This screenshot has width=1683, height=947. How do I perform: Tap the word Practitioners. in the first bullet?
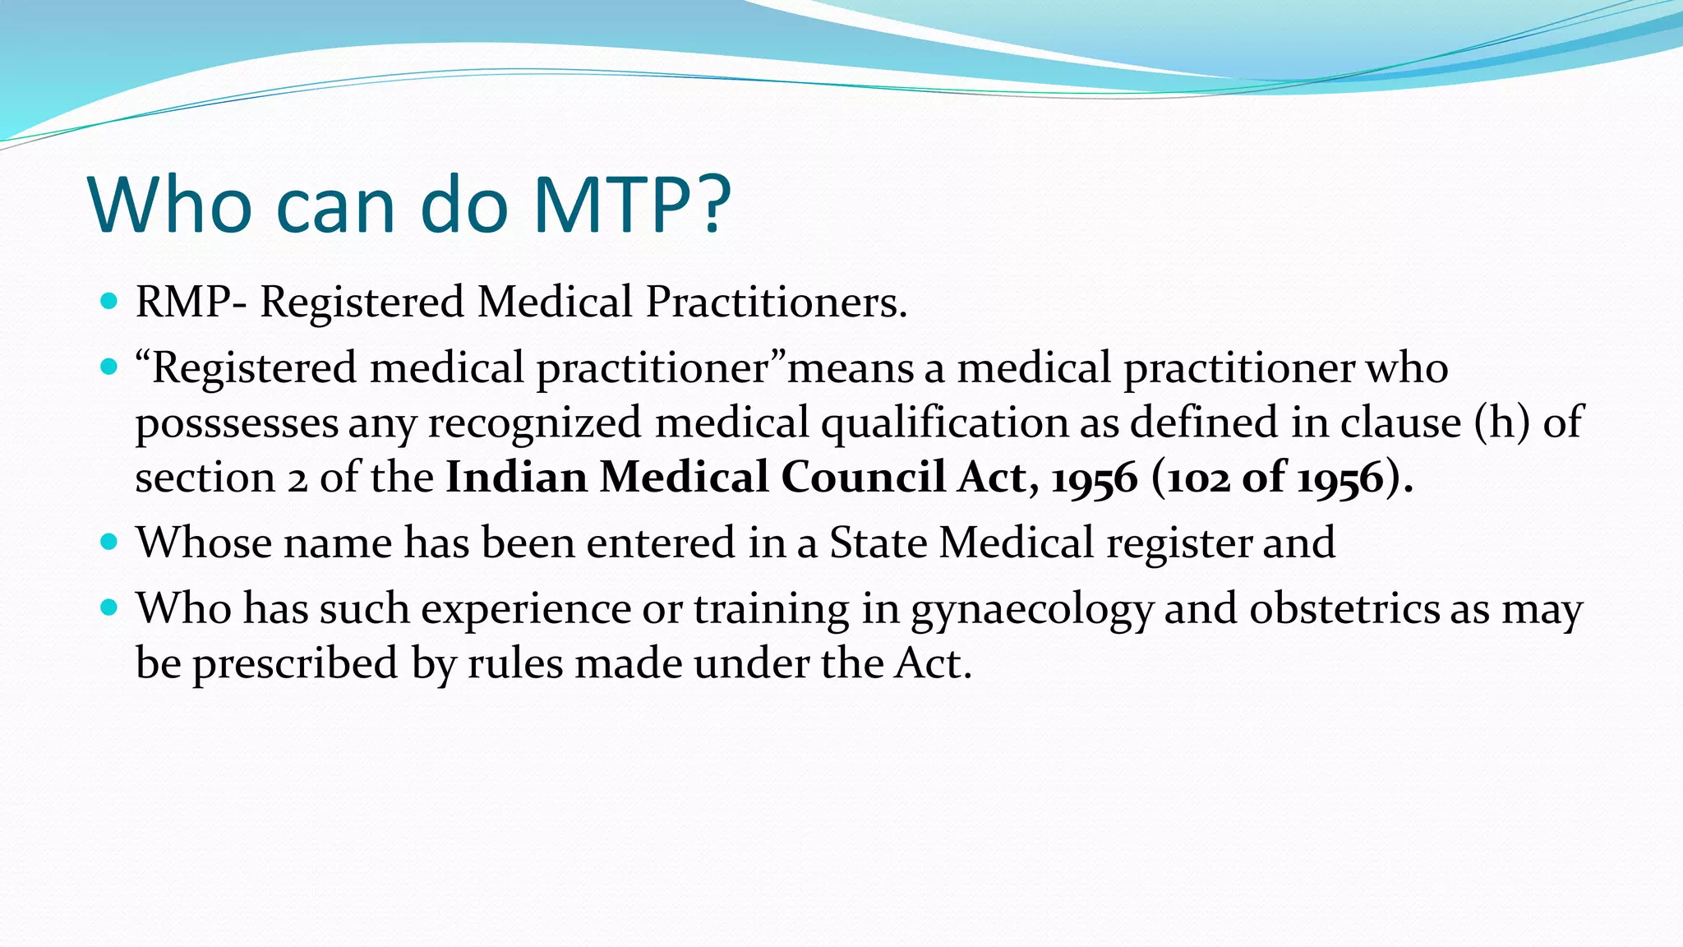point(777,302)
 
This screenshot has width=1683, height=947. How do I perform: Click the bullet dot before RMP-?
point(108,301)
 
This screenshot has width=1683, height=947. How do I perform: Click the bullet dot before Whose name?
point(108,543)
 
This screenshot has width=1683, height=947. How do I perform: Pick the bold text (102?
point(1191,477)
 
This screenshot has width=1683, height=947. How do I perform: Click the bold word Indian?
point(516,477)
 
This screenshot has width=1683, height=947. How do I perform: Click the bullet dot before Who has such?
point(108,608)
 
